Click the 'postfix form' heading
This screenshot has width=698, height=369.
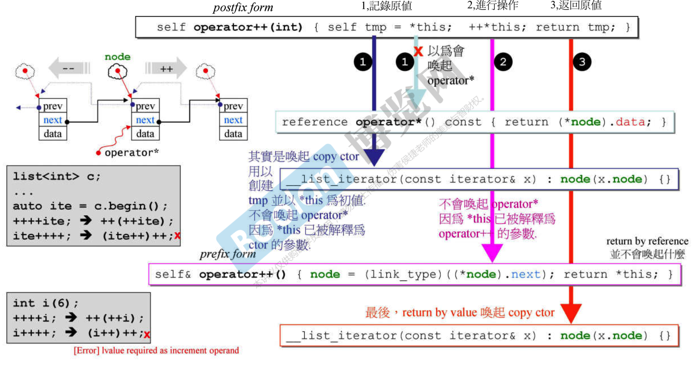(x=243, y=7)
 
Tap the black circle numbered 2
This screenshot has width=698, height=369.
(x=503, y=62)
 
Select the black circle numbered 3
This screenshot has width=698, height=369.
(x=582, y=62)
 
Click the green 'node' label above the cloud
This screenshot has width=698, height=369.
(x=118, y=57)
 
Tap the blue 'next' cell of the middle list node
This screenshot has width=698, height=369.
(x=145, y=120)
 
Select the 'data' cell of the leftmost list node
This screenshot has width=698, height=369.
(x=52, y=134)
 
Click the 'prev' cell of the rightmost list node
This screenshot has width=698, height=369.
(x=233, y=106)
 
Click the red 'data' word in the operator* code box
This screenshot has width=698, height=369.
(x=630, y=122)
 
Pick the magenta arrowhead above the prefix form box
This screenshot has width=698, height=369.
(x=492, y=252)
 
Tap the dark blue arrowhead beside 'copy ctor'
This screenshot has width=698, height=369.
(x=374, y=157)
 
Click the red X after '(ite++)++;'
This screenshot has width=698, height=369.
(x=177, y=235)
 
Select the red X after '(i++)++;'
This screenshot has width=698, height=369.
(x=147, y=334)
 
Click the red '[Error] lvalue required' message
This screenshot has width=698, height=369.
(x=156, y=351)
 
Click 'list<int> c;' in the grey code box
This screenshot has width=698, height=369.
(x=57, y=177)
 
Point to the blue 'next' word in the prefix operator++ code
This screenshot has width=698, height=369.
(x=525, y=274)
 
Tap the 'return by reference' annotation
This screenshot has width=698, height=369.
(x=647, y=241)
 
